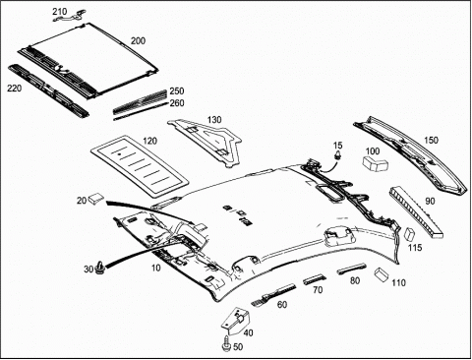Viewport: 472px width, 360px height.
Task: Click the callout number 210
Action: coord(60,12)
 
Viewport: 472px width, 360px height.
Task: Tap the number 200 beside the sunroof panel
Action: coord(138,41)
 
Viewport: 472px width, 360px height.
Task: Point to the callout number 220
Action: coord(15,89)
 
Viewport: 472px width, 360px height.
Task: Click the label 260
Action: coord(177,103)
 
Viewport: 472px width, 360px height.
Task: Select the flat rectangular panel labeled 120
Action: coord(140,166)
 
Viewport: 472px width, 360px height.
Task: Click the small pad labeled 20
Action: coord(95,198)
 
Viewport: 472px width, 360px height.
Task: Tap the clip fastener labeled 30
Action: coord(99,268)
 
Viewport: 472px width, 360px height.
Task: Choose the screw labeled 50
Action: coord(227,344)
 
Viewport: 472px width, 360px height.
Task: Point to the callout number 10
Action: coord(156,268)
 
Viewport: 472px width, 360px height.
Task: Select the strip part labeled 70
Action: coord(314,279)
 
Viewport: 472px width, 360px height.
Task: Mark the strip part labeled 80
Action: coord(352,268)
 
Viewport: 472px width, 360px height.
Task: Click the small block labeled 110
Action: coord(382,274)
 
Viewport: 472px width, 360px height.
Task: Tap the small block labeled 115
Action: coord(410,234)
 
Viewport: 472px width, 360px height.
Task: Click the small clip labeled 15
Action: coord(337,155)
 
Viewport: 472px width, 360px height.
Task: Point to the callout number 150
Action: coord(431,140)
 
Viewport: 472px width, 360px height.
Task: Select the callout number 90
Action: coord(430,201)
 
